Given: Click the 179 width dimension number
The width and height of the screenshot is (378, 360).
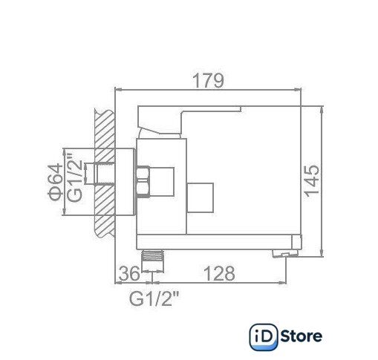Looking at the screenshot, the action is tap(208, 80).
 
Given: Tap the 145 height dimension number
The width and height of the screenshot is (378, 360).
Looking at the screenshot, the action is tap(312, 181).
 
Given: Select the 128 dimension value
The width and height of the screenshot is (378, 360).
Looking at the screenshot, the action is tap(219, 273).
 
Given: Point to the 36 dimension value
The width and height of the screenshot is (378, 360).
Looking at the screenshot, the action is tap(129, 274).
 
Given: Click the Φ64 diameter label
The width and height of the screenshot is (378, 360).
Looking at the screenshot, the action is tap(56, 181).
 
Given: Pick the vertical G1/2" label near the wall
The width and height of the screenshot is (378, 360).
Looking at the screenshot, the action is tap(74, 177).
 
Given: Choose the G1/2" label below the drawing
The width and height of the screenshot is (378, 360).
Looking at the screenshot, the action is tap(154, 298).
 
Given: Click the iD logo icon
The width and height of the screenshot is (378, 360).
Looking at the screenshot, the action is tap(264, 337).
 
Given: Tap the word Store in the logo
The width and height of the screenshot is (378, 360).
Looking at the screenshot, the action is tap(302, 336).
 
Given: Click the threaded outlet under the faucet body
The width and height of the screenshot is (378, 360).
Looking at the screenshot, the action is tap(152, 255).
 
